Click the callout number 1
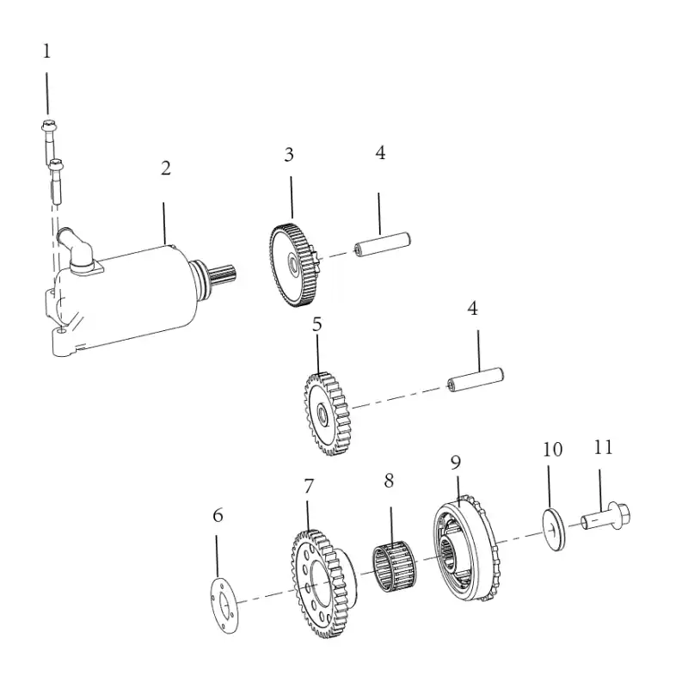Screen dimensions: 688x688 click(x=46, y=52)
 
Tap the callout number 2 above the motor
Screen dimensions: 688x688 click(x=165, y=168)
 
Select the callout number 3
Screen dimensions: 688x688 click(x=289, y=155)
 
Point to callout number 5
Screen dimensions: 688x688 click(x=316, y=324)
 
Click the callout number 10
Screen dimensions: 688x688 click(x=552, y=449)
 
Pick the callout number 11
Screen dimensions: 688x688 click(x=603, y=447)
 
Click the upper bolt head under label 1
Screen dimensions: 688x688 click(x=48, y=126)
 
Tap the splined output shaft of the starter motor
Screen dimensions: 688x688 click(x=224, y=276)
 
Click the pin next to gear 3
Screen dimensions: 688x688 click(x=382, y=244)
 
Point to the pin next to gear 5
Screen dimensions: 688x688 click(x=476, y=379)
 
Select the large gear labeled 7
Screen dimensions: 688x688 click(x=323, y=583)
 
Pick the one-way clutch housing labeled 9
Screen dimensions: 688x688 click(x=466, y=549)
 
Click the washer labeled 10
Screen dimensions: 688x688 click(x=554, y=530)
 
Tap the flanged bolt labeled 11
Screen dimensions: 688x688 click(x=607, y=516)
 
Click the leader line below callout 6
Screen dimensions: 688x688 click(x=217, y=556)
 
